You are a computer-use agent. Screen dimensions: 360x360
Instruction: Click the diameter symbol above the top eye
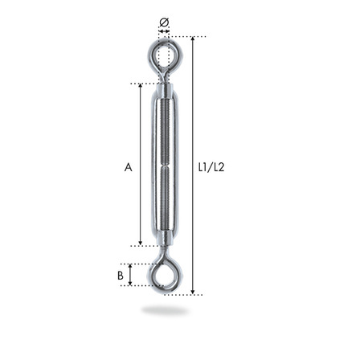(x=164, y=22)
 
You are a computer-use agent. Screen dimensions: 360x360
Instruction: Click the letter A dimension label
(x=129, y=167)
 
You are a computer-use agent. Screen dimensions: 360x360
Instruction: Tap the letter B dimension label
(x=121, y=276)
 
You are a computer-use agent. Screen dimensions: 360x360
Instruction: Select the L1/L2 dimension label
(x=211, y=167)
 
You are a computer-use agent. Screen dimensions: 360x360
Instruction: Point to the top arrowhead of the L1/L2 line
(x=193, y=39)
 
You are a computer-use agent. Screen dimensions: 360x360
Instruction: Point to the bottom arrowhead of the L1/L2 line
(x=193, y=292)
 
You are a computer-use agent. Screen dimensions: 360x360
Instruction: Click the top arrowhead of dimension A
(x=141, y=86)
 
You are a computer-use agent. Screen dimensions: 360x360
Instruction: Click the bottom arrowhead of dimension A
(x=141, y=243)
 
